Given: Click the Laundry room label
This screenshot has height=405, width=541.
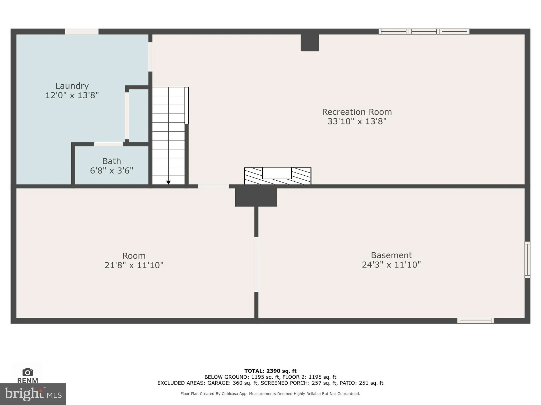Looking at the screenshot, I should [x=72, y=86].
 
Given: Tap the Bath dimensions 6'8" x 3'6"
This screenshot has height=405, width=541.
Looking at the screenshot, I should [x=111, y=171].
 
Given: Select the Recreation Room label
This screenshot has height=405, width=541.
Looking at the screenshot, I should [x=357, y=112].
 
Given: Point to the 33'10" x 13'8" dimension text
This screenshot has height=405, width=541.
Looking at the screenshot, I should [x=357, y=121].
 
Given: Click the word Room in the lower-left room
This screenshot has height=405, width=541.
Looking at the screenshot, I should [x=134, y=256].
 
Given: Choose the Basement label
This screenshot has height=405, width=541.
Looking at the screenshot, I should [x=391, y=255].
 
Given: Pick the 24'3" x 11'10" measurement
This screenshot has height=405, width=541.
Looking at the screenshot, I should [x=391, y=264].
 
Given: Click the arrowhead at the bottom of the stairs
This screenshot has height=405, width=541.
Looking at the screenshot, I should [x=168, y=182].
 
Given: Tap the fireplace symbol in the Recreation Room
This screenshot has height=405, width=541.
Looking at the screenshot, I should [x=277, y=176].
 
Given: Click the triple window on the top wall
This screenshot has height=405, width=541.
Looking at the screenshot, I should [x=424, y=32].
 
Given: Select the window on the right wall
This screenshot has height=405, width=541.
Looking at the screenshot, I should [x=527, y=260].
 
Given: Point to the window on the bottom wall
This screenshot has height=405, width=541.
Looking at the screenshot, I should [x=475, y=321].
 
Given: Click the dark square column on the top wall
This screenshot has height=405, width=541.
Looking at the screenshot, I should [x=310, y=43].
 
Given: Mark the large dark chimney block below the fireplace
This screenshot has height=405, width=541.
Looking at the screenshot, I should [x=256, y=197].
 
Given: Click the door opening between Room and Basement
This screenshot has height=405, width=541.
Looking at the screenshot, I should [x=256, y=264].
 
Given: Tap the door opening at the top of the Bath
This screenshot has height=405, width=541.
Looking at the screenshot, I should [x=109, y=144].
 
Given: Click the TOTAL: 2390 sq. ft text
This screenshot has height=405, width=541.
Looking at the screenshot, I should [x=270, y=371].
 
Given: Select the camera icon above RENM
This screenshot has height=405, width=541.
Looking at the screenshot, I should [x=27, y=372].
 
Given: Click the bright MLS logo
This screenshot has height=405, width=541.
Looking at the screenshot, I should [x=33, y=394].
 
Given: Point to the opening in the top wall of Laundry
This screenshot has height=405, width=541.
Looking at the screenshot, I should [x=82, y=32].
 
